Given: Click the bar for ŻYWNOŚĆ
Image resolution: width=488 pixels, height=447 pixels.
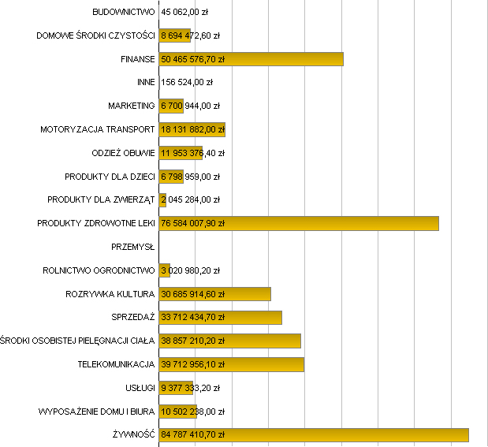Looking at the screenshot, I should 314,434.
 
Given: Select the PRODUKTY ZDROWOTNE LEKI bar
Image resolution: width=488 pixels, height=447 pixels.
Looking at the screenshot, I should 299,223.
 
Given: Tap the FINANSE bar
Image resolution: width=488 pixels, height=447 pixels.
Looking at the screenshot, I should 251,59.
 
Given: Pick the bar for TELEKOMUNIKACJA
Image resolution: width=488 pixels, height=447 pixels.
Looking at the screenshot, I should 231,364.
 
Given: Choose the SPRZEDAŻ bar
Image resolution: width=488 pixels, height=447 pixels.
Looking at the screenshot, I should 220,318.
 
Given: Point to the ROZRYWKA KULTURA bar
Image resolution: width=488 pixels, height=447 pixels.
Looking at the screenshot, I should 214,294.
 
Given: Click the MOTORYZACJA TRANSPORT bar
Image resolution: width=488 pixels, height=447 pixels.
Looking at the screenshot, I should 192,129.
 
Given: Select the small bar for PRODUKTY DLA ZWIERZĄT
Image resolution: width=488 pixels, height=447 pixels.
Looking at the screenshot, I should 162,199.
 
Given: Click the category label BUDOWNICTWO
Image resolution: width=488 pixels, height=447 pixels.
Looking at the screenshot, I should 124,13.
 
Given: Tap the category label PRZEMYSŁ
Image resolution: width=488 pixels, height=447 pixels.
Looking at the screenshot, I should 133,247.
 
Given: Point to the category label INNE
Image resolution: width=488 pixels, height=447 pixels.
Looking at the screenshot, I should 146,82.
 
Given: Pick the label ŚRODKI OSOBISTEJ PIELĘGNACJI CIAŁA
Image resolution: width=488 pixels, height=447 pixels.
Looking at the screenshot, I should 78,341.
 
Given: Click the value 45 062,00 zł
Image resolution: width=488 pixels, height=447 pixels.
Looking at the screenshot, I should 185,13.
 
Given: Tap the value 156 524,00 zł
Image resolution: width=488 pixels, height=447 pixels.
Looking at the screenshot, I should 187,82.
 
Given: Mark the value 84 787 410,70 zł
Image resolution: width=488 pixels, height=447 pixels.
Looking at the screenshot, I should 193,434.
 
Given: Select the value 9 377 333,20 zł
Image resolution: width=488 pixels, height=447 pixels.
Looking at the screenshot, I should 190,388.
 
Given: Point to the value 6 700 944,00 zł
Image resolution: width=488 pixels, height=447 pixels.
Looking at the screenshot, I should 190,106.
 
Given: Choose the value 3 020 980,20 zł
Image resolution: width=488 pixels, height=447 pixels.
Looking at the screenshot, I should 190,270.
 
